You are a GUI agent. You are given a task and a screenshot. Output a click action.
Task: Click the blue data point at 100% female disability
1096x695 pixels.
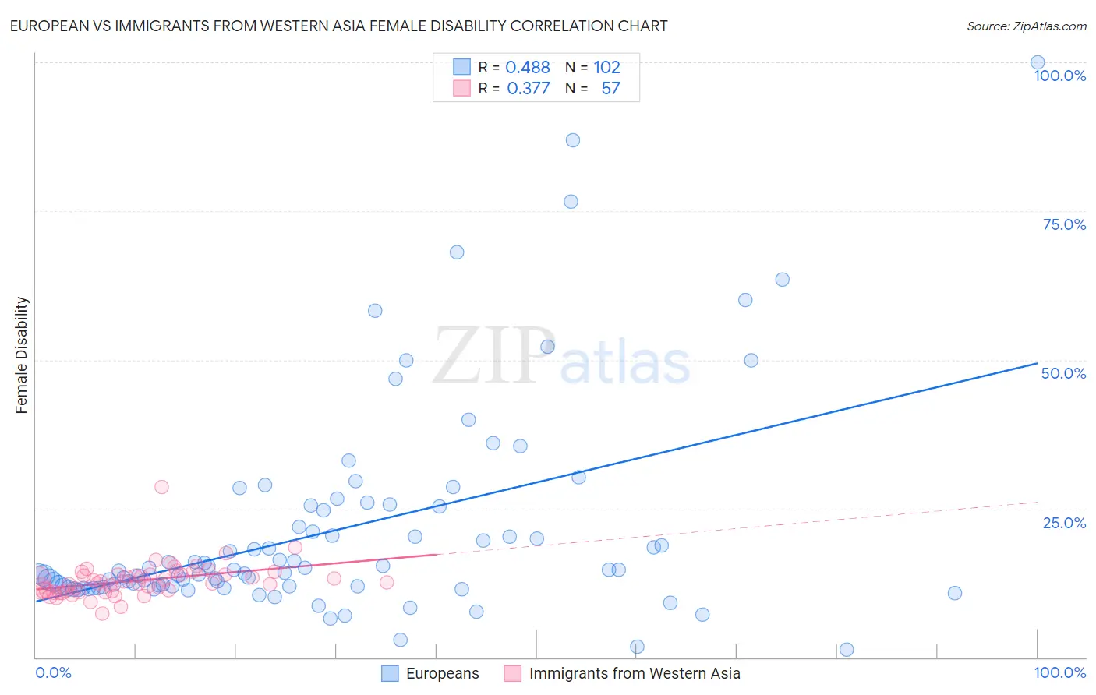point(1038,62)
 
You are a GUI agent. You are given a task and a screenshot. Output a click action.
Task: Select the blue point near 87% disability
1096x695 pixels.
point(573,140)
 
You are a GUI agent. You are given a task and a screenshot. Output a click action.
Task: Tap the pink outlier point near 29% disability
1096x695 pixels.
point(161,487)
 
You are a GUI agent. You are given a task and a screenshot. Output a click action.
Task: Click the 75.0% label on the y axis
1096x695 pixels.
point(1064,224)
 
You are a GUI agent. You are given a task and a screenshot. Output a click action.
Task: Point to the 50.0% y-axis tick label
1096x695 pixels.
point(1063,373)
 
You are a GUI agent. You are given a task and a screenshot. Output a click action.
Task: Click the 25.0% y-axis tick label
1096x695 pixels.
point(1064,523)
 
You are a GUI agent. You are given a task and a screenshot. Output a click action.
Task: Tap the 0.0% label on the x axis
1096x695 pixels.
point(54,672)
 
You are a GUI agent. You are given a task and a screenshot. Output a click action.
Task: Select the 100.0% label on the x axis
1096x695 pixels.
point(1059,672)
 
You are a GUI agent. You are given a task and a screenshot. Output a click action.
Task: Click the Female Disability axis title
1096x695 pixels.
point(22,355)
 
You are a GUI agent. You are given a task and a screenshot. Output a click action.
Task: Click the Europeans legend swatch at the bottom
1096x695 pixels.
point(390,673)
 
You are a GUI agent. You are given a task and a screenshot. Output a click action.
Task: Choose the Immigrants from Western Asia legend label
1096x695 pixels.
point(635,673)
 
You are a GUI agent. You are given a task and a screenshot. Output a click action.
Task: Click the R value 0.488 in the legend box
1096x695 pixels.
point(528,68)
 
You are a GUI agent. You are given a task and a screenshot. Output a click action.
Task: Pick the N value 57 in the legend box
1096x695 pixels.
point(610,89)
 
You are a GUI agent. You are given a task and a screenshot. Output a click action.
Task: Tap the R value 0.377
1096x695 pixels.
point(528,89)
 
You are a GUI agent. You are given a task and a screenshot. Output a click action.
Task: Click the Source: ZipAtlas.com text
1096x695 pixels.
point(1026,26)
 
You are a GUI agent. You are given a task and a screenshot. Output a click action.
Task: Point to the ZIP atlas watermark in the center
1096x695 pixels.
point(561,357)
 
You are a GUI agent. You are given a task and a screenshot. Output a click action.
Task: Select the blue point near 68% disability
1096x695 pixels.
point(457,252)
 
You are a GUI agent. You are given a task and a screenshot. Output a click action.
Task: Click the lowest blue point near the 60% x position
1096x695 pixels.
point(637,647)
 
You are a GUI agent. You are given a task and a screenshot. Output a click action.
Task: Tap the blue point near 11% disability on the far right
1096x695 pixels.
point(955,593)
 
